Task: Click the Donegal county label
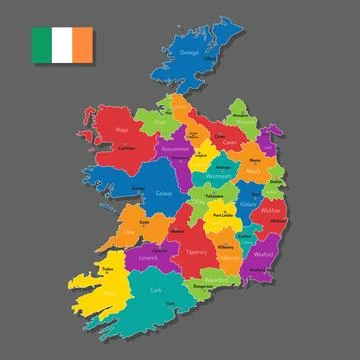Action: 189,52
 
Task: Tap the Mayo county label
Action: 123,129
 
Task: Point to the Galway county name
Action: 164,192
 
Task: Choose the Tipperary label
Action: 197,251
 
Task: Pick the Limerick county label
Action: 149,257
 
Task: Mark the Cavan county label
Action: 229,141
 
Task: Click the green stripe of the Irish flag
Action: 42,43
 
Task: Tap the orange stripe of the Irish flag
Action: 83,43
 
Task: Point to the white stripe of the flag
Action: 62,43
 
